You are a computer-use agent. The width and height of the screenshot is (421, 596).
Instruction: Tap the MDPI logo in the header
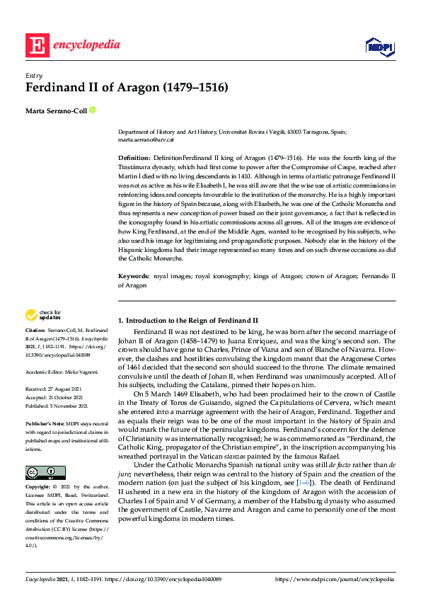379,46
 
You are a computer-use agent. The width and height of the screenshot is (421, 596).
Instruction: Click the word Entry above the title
33,76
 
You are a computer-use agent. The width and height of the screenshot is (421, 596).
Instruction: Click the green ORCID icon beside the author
92,110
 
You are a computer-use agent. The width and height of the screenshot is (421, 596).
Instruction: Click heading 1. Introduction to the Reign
188,321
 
